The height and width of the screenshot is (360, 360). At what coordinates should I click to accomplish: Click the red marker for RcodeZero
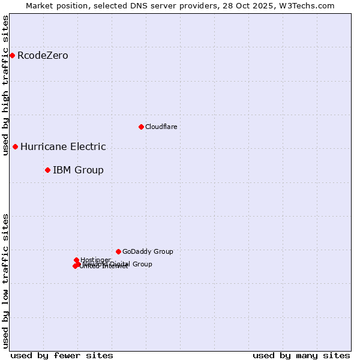(x=12, y=56)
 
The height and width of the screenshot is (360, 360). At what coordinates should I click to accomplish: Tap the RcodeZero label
(x=43, y=56)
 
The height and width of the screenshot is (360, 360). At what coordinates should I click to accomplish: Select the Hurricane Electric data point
(x=15, y=146)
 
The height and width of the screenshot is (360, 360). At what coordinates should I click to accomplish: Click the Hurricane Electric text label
(x=63, y=146)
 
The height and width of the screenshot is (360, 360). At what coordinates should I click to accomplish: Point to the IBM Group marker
(x=47, y=170)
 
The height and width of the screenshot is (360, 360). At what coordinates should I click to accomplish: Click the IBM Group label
(x=78, y=170)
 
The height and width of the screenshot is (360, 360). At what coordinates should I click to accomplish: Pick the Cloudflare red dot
(x=141, y=127)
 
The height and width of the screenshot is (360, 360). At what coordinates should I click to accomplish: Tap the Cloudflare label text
(x=161, y=127)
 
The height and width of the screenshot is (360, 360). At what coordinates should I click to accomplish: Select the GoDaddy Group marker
(x=118, y=251)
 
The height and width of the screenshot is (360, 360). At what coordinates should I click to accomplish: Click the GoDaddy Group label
(x=148, y=251)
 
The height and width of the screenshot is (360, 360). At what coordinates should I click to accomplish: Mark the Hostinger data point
(x=76, y=260)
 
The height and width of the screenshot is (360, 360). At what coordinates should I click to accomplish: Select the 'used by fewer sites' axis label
(x=62, y=355)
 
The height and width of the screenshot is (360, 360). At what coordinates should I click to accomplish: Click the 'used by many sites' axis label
(x=301, y=355)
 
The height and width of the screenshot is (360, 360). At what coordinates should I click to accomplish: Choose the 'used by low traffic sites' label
(x=5, y=281)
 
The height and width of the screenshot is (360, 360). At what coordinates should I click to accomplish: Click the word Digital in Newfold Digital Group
(x=121, y=264)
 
